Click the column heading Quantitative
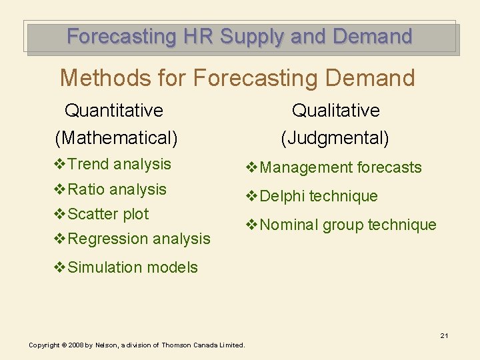coord(113,110)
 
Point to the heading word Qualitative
coord(335,110)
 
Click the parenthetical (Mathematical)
coord(116,138)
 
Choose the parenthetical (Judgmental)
coord(335,138)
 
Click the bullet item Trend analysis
coord(119,164)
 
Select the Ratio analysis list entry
coord(117,189)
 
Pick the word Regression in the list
coord(108,239)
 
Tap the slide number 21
coord(443,335)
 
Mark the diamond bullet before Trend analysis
coord(59,164)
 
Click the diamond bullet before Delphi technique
coord(251,196)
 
